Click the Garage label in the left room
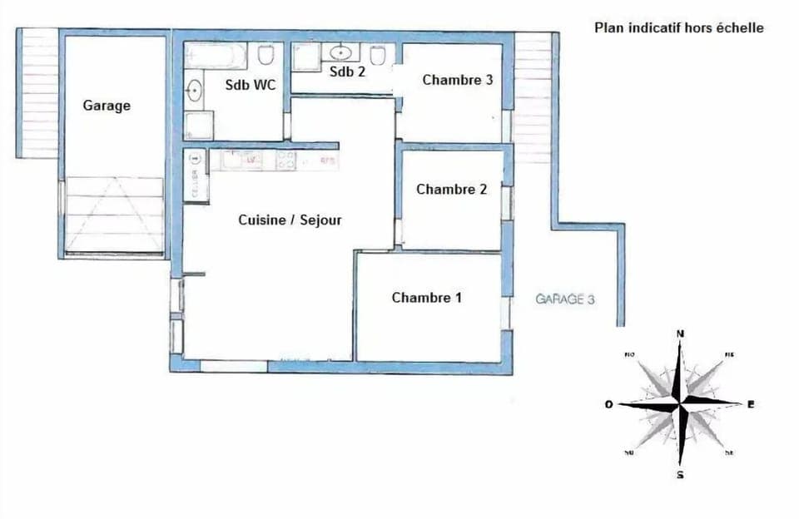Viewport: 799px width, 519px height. (x=107, y=106)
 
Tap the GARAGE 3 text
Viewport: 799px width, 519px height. (x=564, y=299)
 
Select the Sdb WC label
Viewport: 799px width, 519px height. (x=251, y=84)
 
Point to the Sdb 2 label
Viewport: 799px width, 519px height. (x=347, y=72)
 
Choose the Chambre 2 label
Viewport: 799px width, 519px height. (x=452, y=189)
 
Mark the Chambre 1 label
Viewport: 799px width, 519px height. (x=427, y=297)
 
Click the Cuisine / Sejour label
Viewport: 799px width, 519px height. (x=290, y=220)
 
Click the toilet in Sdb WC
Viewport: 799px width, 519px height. (x=266, y=56)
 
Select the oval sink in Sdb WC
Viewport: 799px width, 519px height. (x=195, y=90)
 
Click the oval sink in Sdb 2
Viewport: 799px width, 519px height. (x=341, y=52)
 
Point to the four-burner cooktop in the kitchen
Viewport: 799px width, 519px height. (x=285, y=160)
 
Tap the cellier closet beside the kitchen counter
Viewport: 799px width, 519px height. (x=195, y=175)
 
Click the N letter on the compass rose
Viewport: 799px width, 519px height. (x=681, y=334)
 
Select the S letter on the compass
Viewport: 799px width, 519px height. (x=681, y=475)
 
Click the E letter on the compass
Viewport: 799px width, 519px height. (x=751, y=404)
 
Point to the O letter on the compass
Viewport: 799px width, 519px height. (x=609, y=404)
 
